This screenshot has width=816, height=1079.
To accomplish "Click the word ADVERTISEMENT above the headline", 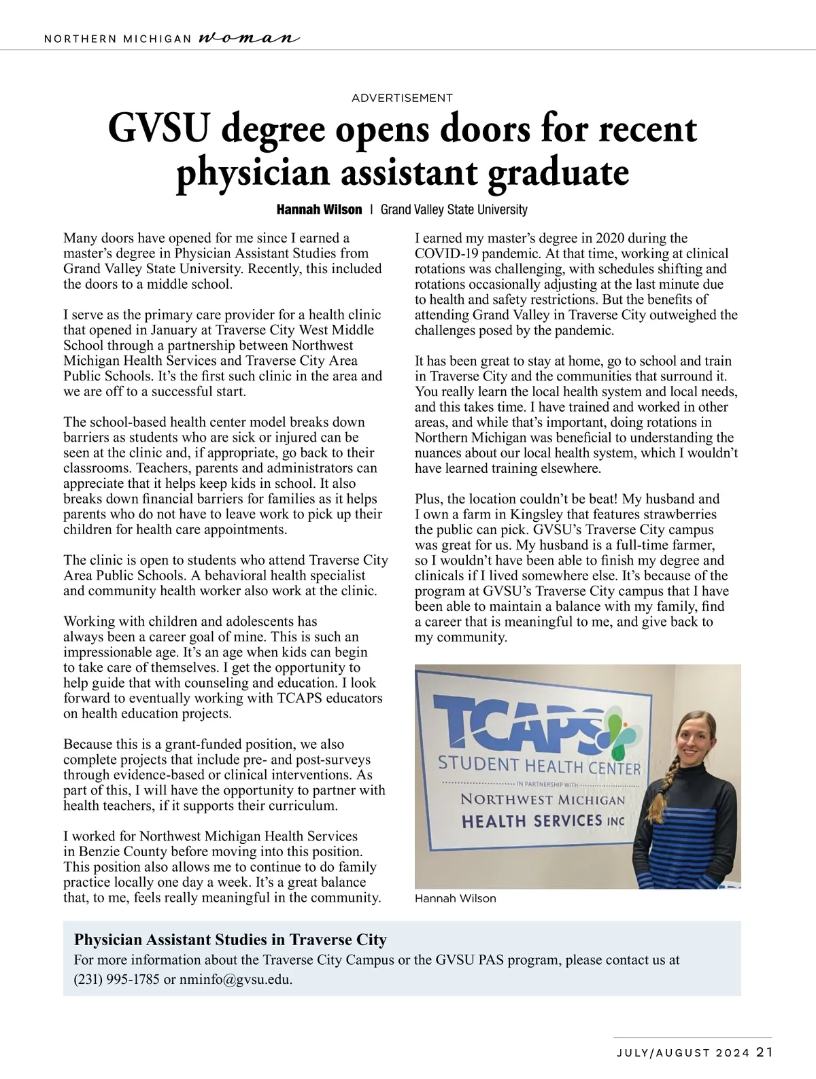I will point(402,98).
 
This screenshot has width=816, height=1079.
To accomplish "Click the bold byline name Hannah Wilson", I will point(319,209).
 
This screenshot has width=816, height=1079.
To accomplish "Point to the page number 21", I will point(765,1053).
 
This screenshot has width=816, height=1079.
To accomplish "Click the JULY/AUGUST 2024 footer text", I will point(683,1053).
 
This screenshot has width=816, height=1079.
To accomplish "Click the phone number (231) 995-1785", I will point(117,980).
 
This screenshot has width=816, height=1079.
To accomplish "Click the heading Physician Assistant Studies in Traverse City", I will point(230,940).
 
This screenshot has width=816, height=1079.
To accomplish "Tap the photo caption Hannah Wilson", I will point(455,898).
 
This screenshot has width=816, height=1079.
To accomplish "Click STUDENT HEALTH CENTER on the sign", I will point(539,766).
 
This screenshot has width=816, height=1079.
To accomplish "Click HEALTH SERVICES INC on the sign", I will point(543,821).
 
